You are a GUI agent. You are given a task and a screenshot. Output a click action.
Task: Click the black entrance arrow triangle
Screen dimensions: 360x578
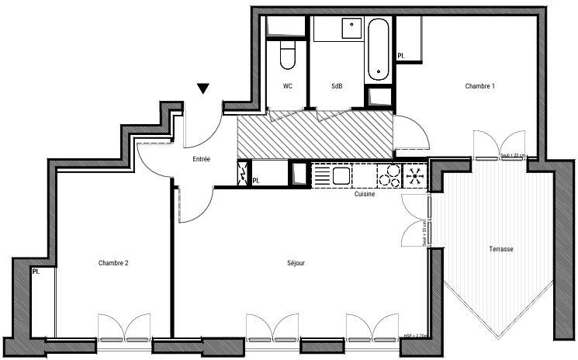[203, 88]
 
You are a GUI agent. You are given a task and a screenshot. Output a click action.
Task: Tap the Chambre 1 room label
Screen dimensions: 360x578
[479, 86]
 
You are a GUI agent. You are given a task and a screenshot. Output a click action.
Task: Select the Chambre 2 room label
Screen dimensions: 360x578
[113, 263]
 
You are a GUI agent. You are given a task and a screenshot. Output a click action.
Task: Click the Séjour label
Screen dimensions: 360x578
[296, 263]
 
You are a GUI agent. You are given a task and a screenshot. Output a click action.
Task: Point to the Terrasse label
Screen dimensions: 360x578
[501, 248]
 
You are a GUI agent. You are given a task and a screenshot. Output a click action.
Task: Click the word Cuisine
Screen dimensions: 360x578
[365, 194]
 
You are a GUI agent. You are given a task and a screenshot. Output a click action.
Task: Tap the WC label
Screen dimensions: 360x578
[288, 86]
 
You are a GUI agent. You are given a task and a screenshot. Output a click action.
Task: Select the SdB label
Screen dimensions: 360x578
[337, 86]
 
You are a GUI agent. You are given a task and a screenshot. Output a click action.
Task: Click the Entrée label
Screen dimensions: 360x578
[202, 159]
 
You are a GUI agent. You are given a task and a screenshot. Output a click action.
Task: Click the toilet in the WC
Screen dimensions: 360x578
[287, 55]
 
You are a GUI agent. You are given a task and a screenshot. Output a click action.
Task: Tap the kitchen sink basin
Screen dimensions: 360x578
[340, 175]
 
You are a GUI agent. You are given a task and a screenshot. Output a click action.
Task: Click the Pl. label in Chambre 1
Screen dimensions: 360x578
[401, 56]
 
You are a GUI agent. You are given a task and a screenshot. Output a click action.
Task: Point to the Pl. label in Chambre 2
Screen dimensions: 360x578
[36, 272]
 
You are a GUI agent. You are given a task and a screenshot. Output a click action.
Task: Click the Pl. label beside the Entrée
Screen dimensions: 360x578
[256, 181]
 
